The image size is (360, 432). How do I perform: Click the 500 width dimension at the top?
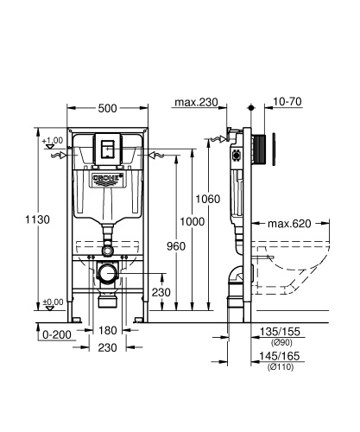coord(108,109)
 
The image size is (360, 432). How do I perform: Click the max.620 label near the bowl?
coord(289,224)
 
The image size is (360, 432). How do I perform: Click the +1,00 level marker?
coord(53,140)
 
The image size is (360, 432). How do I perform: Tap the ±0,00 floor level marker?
coord(53,302)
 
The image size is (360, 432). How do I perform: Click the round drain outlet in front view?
coord(108,274)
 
